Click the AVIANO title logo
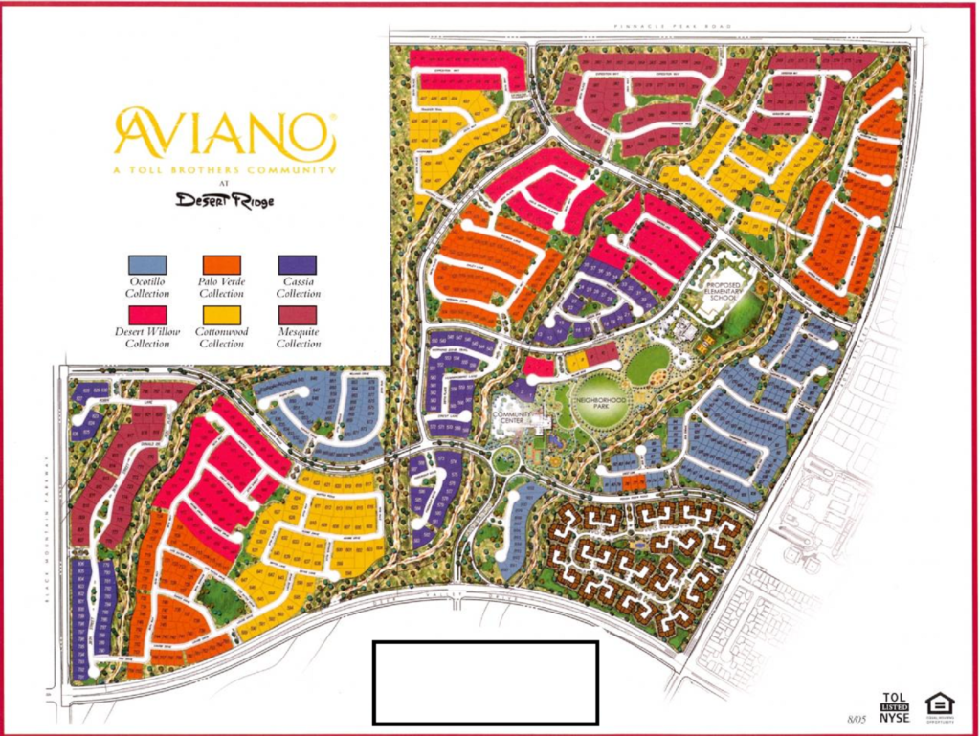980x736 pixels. coord(225,133)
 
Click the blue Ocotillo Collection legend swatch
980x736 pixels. coord(147,264)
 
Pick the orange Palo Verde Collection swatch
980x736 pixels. coord(223,264)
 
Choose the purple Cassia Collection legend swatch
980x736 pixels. coord(298,264)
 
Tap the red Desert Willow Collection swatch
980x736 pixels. coord(147,314)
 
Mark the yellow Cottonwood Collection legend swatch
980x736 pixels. coord(223,314)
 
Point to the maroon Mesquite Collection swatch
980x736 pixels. coord(298,314)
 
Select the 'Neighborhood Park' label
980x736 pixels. coord(600,401)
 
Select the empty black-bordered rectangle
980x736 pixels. coord(485,681)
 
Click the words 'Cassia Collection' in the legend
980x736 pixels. coord(298,288)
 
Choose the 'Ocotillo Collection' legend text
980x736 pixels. coord(147,288)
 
